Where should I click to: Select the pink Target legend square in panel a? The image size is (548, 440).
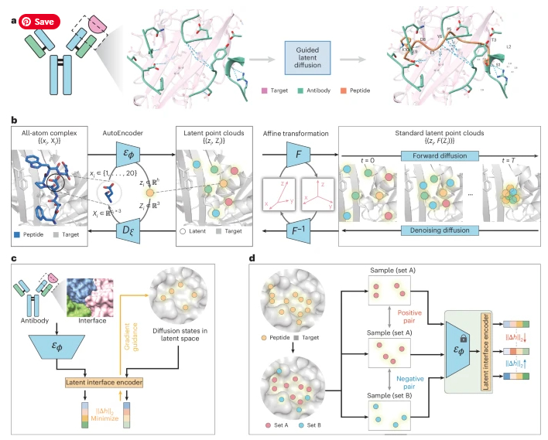[266, 91]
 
